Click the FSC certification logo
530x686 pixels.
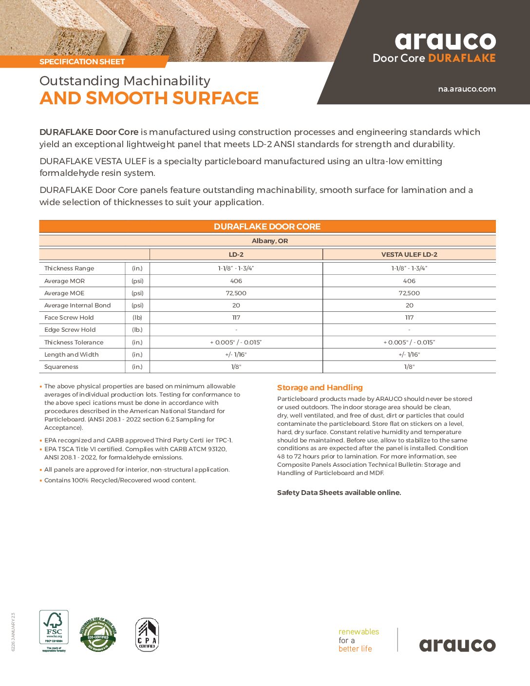[x=54, y=631]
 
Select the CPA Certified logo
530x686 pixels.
[x=147, y=635]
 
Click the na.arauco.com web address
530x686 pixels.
[x=467, y=89]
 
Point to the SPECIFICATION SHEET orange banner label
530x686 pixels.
[x=82, y=62]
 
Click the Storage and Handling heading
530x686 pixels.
[x=320, y=388]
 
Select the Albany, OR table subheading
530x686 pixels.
[x=269, y=241]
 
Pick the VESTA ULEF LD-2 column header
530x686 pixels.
[x=409, y=254]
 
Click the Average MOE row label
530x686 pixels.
[x=64, y=293]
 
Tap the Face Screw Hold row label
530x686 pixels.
[x=69, y=318]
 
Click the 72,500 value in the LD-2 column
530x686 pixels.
[x=236, y=293]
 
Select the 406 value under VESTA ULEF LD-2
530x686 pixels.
[x=409, y=281]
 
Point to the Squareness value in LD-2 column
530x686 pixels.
[x=236, y=367]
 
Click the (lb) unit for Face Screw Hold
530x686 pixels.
[x=137, y=318]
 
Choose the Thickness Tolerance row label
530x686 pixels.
[x=74, y=343]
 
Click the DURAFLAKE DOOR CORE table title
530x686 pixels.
[x=267, y=227]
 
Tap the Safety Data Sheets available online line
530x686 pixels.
[x=339, y=493]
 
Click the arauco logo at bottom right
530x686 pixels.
[x=457, y=645]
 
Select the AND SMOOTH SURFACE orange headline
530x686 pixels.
[x=149, y=98]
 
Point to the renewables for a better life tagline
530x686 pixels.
[x=359, y=640]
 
